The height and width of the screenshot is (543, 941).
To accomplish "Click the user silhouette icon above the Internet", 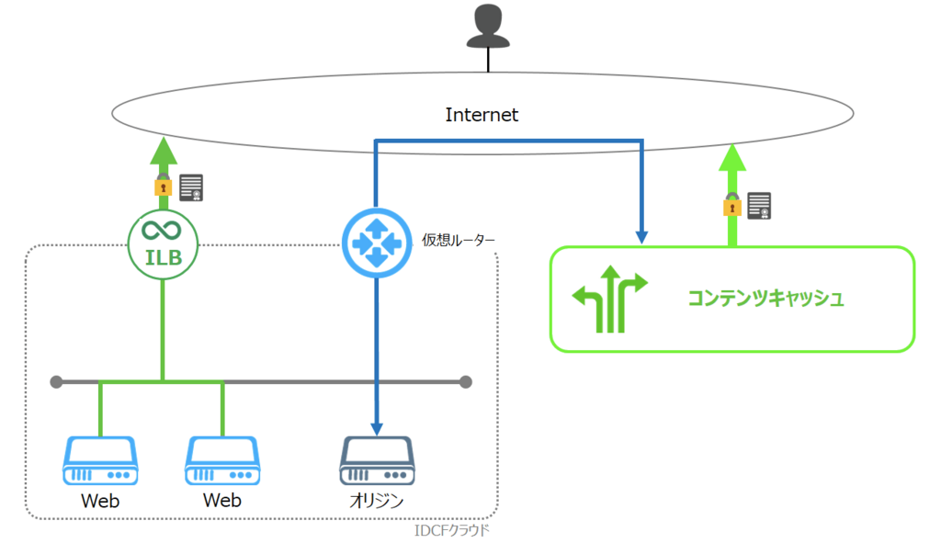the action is point(488,26).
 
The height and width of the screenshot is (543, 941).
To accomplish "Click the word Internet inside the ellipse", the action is point(482,115).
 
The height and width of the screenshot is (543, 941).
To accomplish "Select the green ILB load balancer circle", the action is point(164,244).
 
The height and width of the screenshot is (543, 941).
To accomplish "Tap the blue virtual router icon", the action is point(377,243).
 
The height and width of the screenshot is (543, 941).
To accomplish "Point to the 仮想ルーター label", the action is point(458,240).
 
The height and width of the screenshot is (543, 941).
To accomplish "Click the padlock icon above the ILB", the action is point(164,185).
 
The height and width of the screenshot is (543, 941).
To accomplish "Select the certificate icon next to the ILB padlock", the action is point(191,187).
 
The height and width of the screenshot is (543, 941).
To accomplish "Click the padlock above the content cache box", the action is point(732,204).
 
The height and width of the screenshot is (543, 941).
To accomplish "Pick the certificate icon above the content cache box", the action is point(759,206).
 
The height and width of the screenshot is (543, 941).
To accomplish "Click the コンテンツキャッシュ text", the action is point(765,299).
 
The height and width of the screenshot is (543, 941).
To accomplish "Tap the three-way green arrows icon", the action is point(610,299).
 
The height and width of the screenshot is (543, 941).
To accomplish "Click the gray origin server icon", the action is point(377,461).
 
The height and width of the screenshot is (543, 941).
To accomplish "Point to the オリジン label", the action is point(377,501).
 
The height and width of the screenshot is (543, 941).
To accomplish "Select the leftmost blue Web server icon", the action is point(100,461).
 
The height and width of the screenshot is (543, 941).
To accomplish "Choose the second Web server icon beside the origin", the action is point(222,461).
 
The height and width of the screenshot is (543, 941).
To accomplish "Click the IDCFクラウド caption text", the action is point(452,530).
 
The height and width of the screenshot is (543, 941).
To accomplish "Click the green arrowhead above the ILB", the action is point(164,151).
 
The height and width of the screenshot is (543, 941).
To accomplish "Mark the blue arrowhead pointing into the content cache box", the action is point(641,237).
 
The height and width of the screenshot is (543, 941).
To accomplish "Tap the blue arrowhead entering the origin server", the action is point(377,428).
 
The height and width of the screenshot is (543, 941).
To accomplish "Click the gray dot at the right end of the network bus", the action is point(466,381).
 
